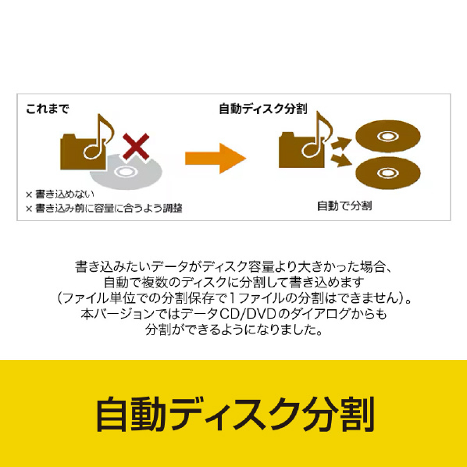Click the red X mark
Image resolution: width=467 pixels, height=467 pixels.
tap(136, 146)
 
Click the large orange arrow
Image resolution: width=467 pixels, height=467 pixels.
tap(216, 159)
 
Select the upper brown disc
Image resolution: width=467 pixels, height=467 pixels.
tap(388, 137)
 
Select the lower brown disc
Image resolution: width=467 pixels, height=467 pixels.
tap(388, 173)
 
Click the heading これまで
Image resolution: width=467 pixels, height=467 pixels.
tap(48, 109)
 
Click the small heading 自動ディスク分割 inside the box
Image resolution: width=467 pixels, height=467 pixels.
tap(263, 109)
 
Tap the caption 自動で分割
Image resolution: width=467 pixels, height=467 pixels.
tap(344, 206)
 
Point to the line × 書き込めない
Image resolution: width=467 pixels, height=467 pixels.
tap(60, 194)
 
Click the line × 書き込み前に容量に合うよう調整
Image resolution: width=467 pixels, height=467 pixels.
tap(104, 209)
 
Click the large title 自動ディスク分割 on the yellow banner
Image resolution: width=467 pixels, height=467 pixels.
tap(235, 414)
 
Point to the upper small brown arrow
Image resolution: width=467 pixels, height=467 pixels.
tap(341, 143)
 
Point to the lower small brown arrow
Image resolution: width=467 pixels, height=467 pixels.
tap(341, 160)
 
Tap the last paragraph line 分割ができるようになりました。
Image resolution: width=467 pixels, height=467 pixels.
tap(234, 330)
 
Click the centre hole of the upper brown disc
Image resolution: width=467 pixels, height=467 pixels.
tap(387, 137)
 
